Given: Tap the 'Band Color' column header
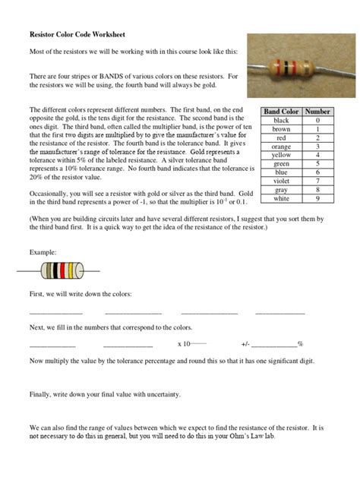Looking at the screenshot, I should pyautogui.click(x=281, y=112).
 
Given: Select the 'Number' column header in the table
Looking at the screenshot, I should pyautogui.click(x=317, y=112).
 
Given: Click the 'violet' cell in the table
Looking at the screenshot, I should pyautogui.click(x=281, y=181).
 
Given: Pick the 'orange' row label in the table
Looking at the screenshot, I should pyautogui.click(x=281, y=147).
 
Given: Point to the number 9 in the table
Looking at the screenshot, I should pyautogui.click(x=317, y=198).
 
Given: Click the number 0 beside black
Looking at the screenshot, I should pyautogui.click(x=317, y=121).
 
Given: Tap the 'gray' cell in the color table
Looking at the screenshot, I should pyautogui.click(x=281, y=190).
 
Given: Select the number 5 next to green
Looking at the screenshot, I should pyautogui.click(x=317, y=163).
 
